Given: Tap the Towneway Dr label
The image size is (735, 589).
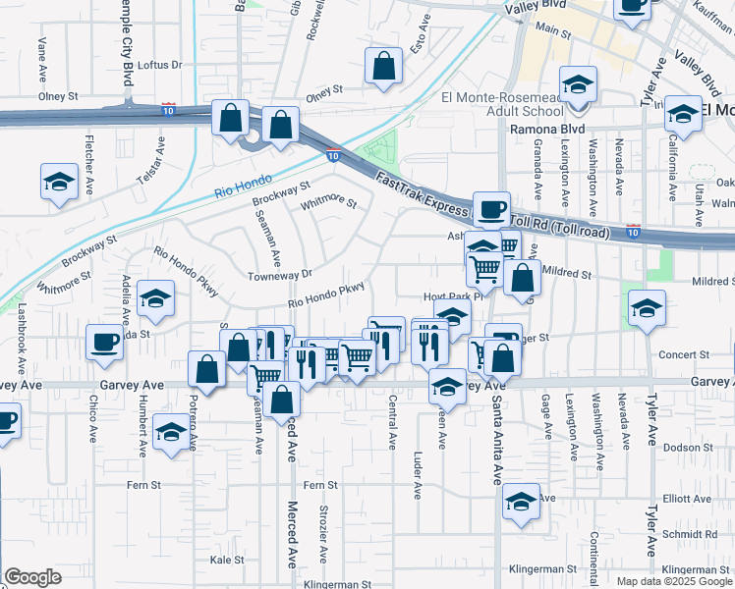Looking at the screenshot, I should pyautogui.click(x=279, y=275).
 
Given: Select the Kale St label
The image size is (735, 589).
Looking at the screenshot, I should pyautogui.click(x=227, y=560).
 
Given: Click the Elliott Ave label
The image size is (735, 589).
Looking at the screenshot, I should pyautogui.click(x=687, y=499).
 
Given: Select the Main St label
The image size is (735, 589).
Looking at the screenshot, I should pyautogui.click(x=553, y=31).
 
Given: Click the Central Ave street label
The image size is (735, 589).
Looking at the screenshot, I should pyautogui.click(x=392, y=422).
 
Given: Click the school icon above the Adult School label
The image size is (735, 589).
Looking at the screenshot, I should pyautogui.click(x=579, y=83).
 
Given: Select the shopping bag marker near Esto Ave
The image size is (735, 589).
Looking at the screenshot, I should pyautogui.click(x=384, y=67).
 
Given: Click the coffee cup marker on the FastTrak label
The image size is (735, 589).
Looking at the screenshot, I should pyautogui.click(x=491, y=208).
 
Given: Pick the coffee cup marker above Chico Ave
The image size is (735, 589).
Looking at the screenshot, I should pyautogui.click(x=105, y=342).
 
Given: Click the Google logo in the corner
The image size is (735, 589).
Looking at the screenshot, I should pyautogui.click(x=32, y=577).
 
